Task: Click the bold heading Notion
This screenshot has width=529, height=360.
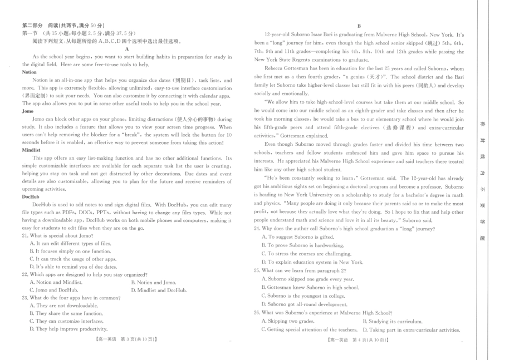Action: [x=30, y=72]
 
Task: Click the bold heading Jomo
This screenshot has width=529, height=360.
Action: [x=28, y=111]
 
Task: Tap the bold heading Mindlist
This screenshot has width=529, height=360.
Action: [x=31, y=150]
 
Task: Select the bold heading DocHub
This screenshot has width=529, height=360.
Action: [x=31, y=197]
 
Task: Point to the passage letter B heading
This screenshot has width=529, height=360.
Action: [x=359, y=26]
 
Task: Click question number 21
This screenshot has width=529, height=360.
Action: [x=25, y=235]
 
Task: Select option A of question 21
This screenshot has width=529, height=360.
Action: [x=70, y=243]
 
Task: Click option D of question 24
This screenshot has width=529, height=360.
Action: [x=312, y=262]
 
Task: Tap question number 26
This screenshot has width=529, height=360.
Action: [x=257, y=313]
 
